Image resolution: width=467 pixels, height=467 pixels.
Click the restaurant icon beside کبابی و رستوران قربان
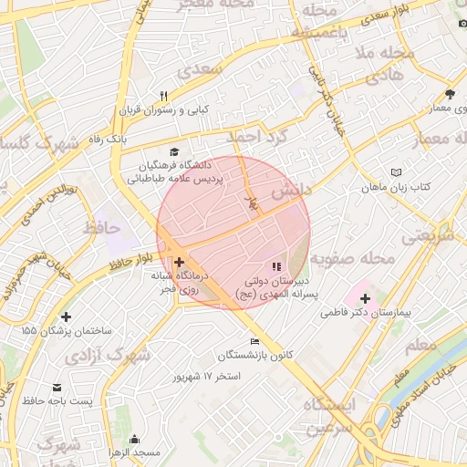pos(164,95)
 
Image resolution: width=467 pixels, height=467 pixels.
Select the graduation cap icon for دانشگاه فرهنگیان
pos(174,151)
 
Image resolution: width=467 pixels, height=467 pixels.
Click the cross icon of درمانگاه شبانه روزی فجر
pos(178,263)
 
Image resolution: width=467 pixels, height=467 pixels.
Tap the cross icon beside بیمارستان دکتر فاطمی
pos(365,298)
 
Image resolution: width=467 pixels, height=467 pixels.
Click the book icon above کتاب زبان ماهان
pos(395,172)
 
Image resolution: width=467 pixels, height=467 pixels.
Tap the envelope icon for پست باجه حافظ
pos(57,388)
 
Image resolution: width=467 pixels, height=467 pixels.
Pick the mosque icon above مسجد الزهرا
pos(136,439)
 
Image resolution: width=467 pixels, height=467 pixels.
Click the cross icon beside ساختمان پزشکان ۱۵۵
pos(65,317)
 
